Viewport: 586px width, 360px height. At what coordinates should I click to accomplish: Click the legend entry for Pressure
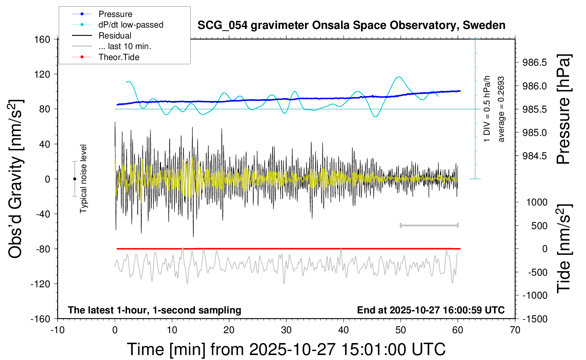point(115,14)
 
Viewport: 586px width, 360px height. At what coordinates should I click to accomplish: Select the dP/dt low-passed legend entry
point(131,25)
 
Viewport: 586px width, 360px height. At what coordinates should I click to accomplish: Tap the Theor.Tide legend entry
point(119,57)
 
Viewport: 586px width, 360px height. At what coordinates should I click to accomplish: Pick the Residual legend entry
point(115,36)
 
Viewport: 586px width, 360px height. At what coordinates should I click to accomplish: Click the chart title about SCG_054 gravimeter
point(351,25)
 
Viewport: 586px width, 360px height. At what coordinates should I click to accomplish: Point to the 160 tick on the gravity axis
point(42,39)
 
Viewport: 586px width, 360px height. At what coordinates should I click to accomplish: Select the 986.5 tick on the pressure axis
point(534,62)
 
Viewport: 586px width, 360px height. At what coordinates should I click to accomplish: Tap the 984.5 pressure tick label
point(534,156)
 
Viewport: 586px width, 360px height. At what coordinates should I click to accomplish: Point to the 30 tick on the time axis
point(286,330)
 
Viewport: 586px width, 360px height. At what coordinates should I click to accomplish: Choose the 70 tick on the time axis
point(515,330)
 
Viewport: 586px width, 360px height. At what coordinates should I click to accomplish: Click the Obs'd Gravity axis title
point(16,179)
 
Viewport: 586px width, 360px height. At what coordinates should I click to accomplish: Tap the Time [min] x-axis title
point(286,349)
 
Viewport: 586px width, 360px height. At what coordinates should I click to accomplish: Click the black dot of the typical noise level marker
point(74,179)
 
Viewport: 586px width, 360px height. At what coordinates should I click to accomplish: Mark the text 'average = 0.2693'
point(501,109)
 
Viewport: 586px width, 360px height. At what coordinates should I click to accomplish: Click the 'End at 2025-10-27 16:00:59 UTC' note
point(431,310)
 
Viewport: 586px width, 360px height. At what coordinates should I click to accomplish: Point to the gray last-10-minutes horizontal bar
point(429,226)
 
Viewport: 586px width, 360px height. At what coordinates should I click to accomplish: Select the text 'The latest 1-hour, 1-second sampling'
point(155,310)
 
